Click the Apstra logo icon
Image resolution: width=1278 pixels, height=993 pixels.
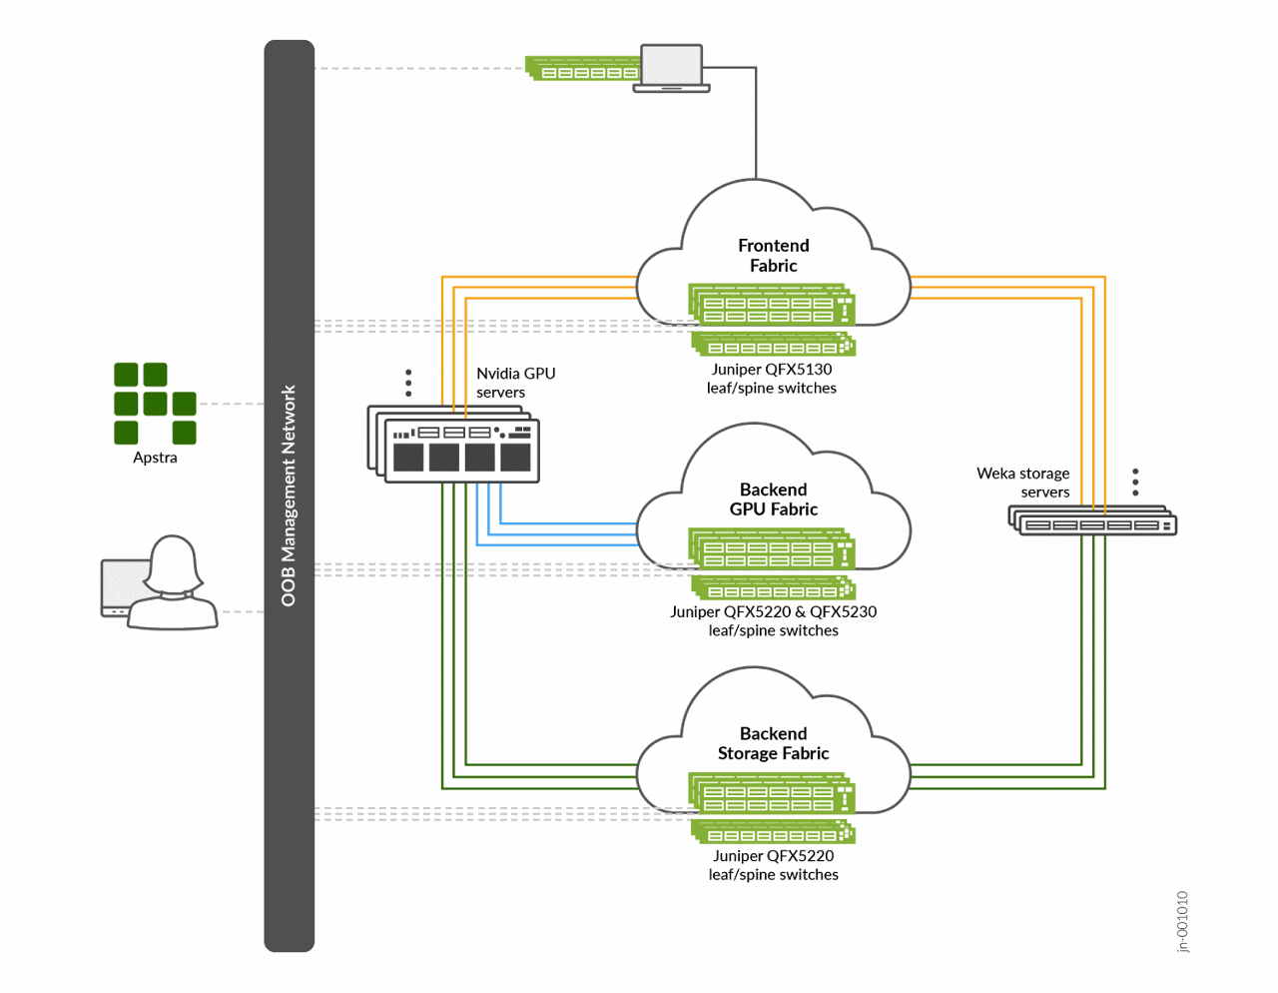click(155, 404)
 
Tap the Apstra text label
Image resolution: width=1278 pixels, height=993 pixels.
click(155, 458)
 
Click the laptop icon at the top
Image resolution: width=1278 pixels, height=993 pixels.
click(672, 68)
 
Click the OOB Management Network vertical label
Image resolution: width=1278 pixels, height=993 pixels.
click(289, 496)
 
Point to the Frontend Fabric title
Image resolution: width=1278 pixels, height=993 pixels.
click(774, 256)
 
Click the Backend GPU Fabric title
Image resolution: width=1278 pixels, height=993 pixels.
click(774, 499)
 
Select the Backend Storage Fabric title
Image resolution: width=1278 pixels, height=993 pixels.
click(774, 743)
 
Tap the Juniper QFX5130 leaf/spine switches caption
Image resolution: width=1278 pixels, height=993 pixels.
click(772, 379)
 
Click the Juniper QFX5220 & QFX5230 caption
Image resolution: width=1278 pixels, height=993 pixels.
click(774, 621)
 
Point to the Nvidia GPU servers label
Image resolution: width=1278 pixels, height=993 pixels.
click(515, 383)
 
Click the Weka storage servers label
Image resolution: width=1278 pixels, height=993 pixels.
click(1023, 483)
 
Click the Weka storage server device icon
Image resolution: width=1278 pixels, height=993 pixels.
click(1093, 520)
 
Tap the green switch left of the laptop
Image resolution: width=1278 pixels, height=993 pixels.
click(584, 69)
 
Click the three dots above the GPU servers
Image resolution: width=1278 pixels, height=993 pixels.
click(408, 383)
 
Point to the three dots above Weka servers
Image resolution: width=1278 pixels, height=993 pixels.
click(1135, 482)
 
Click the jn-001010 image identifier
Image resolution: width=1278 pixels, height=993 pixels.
click(1183, 922)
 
